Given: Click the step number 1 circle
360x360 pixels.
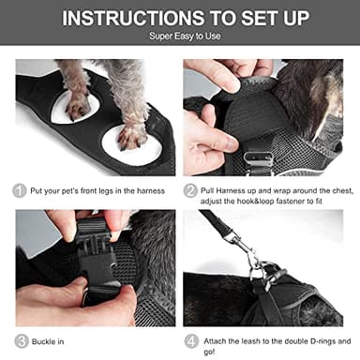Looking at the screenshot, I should click(19, 190).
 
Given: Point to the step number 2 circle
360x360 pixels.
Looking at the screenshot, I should click(191, 190).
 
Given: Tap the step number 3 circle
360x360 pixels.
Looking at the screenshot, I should click(20, 340).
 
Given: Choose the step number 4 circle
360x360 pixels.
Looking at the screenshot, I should click(191, 340).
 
